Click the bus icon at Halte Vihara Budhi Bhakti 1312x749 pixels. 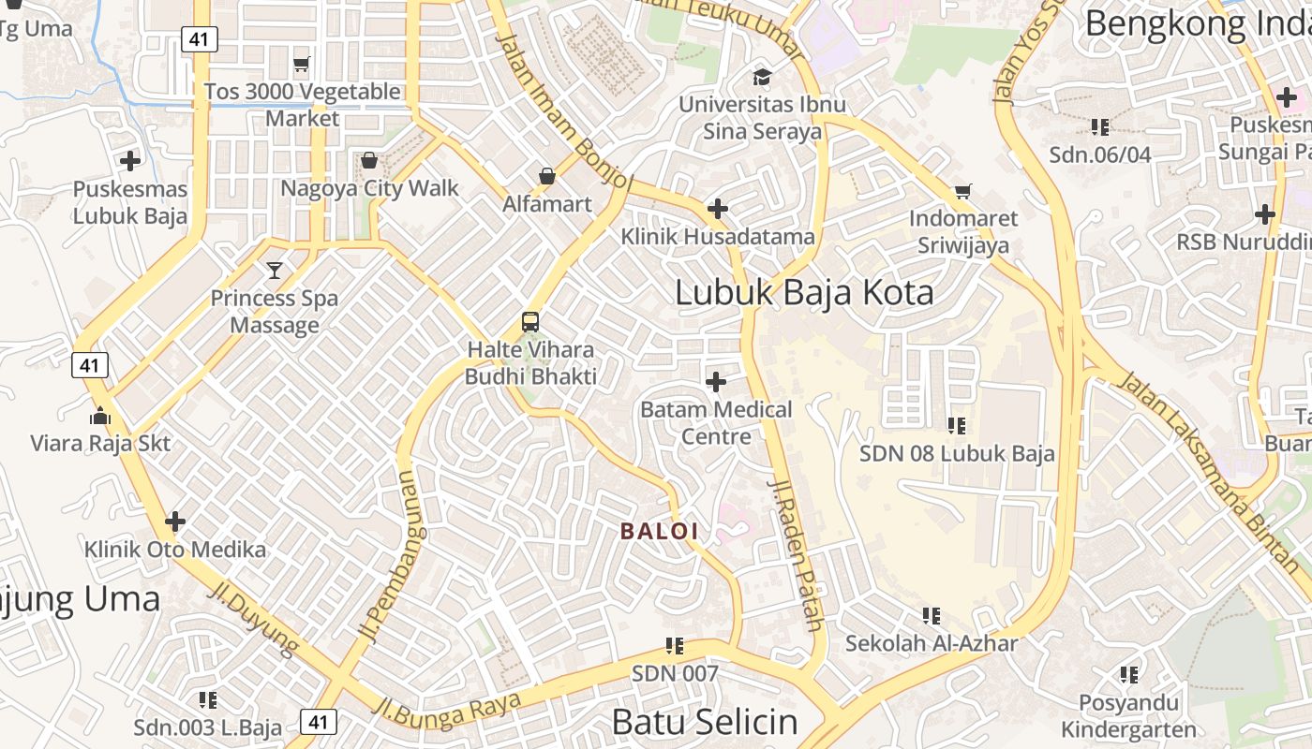coord(530,322)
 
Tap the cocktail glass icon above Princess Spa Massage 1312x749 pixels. coord(275,271)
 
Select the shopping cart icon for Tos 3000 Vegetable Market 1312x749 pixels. coord(301,65)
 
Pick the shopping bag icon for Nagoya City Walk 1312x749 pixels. coord(369,161)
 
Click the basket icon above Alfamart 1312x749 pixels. coord(546,176)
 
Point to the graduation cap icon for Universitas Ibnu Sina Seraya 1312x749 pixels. coord(762,77)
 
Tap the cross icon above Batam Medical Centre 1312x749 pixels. coord(716,382)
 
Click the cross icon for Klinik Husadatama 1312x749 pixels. coord(718,209)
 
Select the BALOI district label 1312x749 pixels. coord(660,531)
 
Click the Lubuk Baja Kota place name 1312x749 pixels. coord(804,293)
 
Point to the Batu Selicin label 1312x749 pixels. coord(705,722)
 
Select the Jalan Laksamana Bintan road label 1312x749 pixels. coord(1212,472)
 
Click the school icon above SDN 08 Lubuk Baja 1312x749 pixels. coord(957,426)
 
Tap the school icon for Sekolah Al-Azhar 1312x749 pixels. coord(932,616)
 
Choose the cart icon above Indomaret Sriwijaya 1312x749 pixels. coord(962,192)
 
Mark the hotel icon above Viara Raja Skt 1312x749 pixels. coord(100,416)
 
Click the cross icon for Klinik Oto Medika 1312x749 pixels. coord(175,521)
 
